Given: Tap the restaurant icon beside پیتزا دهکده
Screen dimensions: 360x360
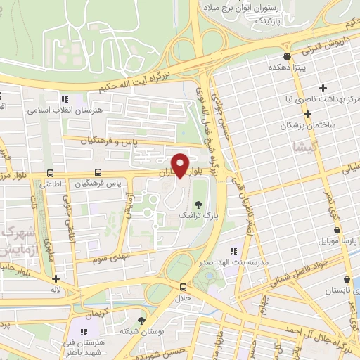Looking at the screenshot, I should (x=285, y=57).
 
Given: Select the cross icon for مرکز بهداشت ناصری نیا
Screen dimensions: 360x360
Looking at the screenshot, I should (x=323, y=89).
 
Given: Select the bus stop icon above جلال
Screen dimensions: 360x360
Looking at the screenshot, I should (x=183, y=287).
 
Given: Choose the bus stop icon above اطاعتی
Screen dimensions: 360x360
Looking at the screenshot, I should (x=50, y=173).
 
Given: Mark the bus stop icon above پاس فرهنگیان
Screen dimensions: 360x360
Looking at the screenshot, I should (x=98, y=173).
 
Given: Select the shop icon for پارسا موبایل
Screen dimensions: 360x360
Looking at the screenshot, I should (x=337, y=230).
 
